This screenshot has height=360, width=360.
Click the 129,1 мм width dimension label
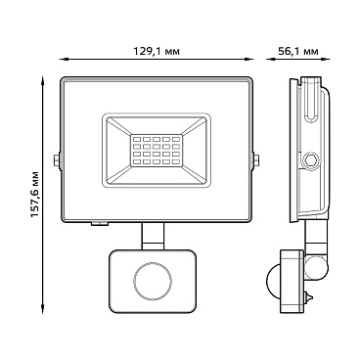click(x=157, y=52)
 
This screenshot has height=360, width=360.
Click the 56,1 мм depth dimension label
click(x=298, y=52)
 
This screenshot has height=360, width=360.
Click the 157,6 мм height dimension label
click(x=35, y=195)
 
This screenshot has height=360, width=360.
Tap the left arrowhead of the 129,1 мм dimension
click(x=64, y=60)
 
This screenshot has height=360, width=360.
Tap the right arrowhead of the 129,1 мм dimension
click(x=248, y=60)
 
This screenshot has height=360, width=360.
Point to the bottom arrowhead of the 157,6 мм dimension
click(x=42, y=309)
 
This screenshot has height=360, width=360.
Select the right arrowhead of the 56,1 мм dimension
click(x=326, y=60)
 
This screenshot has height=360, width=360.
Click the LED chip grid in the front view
click(x=157, y=150)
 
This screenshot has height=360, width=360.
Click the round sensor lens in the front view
click(x=153, y=280)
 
